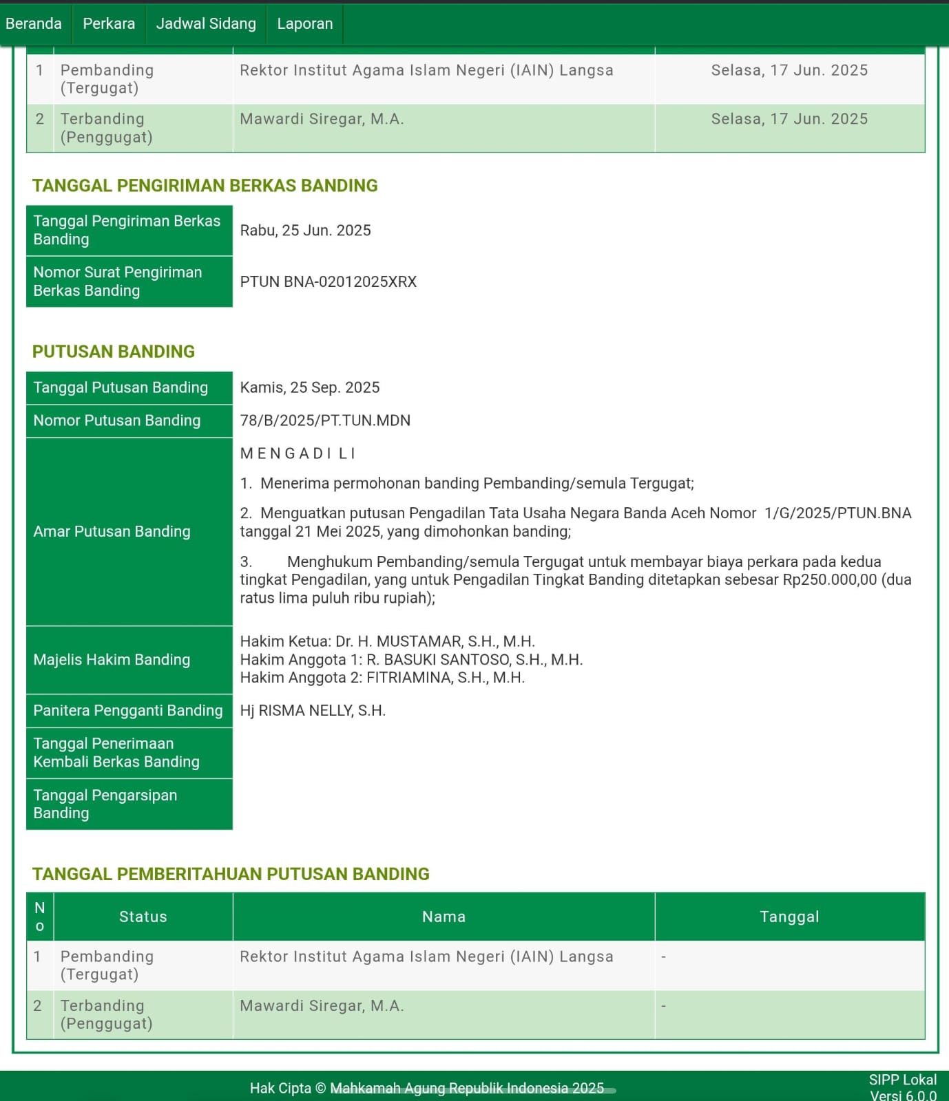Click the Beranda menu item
pyautogui.click(x=34, y=23)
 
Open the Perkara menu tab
pyautogui.click(x=109, y=23)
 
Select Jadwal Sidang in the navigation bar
pyautogui.click(x=206, y=23)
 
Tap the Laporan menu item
pyautogui.click(x=304, y=23)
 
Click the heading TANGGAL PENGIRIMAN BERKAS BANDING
pyautogui.click(x=205, y=186)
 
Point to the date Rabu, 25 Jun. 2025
pyautogui.click(x=305, y=231)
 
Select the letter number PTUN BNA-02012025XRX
pyautogui.click(x=328, y=282)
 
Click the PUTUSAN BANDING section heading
pyautogui.click(x=114, y=352)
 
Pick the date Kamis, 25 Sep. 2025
pyautogui.click(x=309, y=387)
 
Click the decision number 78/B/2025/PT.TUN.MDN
pyautogui.click(x=325, y=420)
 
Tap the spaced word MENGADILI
pyautogui.click(x=298, y=453)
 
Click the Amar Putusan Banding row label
pyautogui.click(x=112, y=531)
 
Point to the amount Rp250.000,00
pyautogui.click(x=830, y=579)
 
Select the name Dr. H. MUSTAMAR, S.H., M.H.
pyautogui.click(x=435, y=641)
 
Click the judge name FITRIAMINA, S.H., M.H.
pyautogui.click(x=445, y=678)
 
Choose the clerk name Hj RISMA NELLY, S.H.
pyautogui.click(x=313, y=711)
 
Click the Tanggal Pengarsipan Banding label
pyautogui.click(x=105, y=804)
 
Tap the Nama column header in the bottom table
pyautogui.click(x=444, y=917)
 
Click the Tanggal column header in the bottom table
pyautogui.click(x=789, y=917)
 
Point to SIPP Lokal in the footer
pyautogui.click(x=902, y=1080)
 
